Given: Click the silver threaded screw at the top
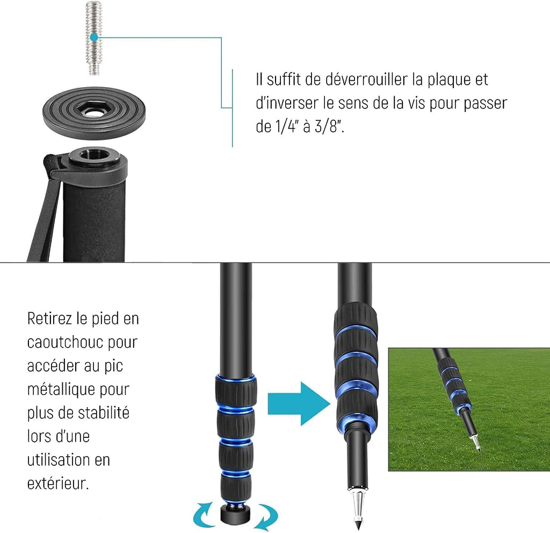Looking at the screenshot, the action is [x=93, y=38].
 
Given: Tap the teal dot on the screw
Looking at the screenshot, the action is [x=94, y=37].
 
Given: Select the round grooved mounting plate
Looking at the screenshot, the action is [x=94, y=113].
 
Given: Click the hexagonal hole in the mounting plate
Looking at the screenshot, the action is [x=93, y=111].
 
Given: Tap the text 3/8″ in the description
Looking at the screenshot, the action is [x=329, y=126].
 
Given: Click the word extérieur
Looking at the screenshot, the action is [x=57, y=484].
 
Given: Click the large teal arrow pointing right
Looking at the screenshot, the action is [x=299, y=404].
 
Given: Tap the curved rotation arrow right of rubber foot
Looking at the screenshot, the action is [x=267, y=516].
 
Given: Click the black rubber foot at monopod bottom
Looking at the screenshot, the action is [x=235, y=514].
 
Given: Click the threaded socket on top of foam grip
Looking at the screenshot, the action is [x=93, y=155].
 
